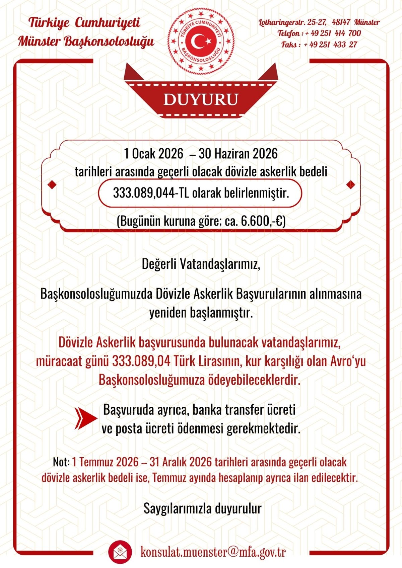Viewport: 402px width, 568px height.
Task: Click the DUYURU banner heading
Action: pos(201,100)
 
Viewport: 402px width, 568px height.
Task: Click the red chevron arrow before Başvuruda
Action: pos(86,418)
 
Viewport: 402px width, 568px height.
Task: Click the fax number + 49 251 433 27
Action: pos(331,45)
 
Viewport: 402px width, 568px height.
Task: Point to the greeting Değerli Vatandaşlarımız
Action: pos(201,264)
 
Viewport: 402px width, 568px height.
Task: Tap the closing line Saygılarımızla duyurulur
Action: pos(202,508)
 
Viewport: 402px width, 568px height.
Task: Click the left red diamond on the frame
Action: pos(52,184)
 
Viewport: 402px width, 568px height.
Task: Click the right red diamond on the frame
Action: pos(350,184)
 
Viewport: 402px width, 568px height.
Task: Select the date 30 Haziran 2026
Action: pos(238,154)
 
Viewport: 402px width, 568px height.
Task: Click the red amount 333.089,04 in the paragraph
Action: pos(141,361)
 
